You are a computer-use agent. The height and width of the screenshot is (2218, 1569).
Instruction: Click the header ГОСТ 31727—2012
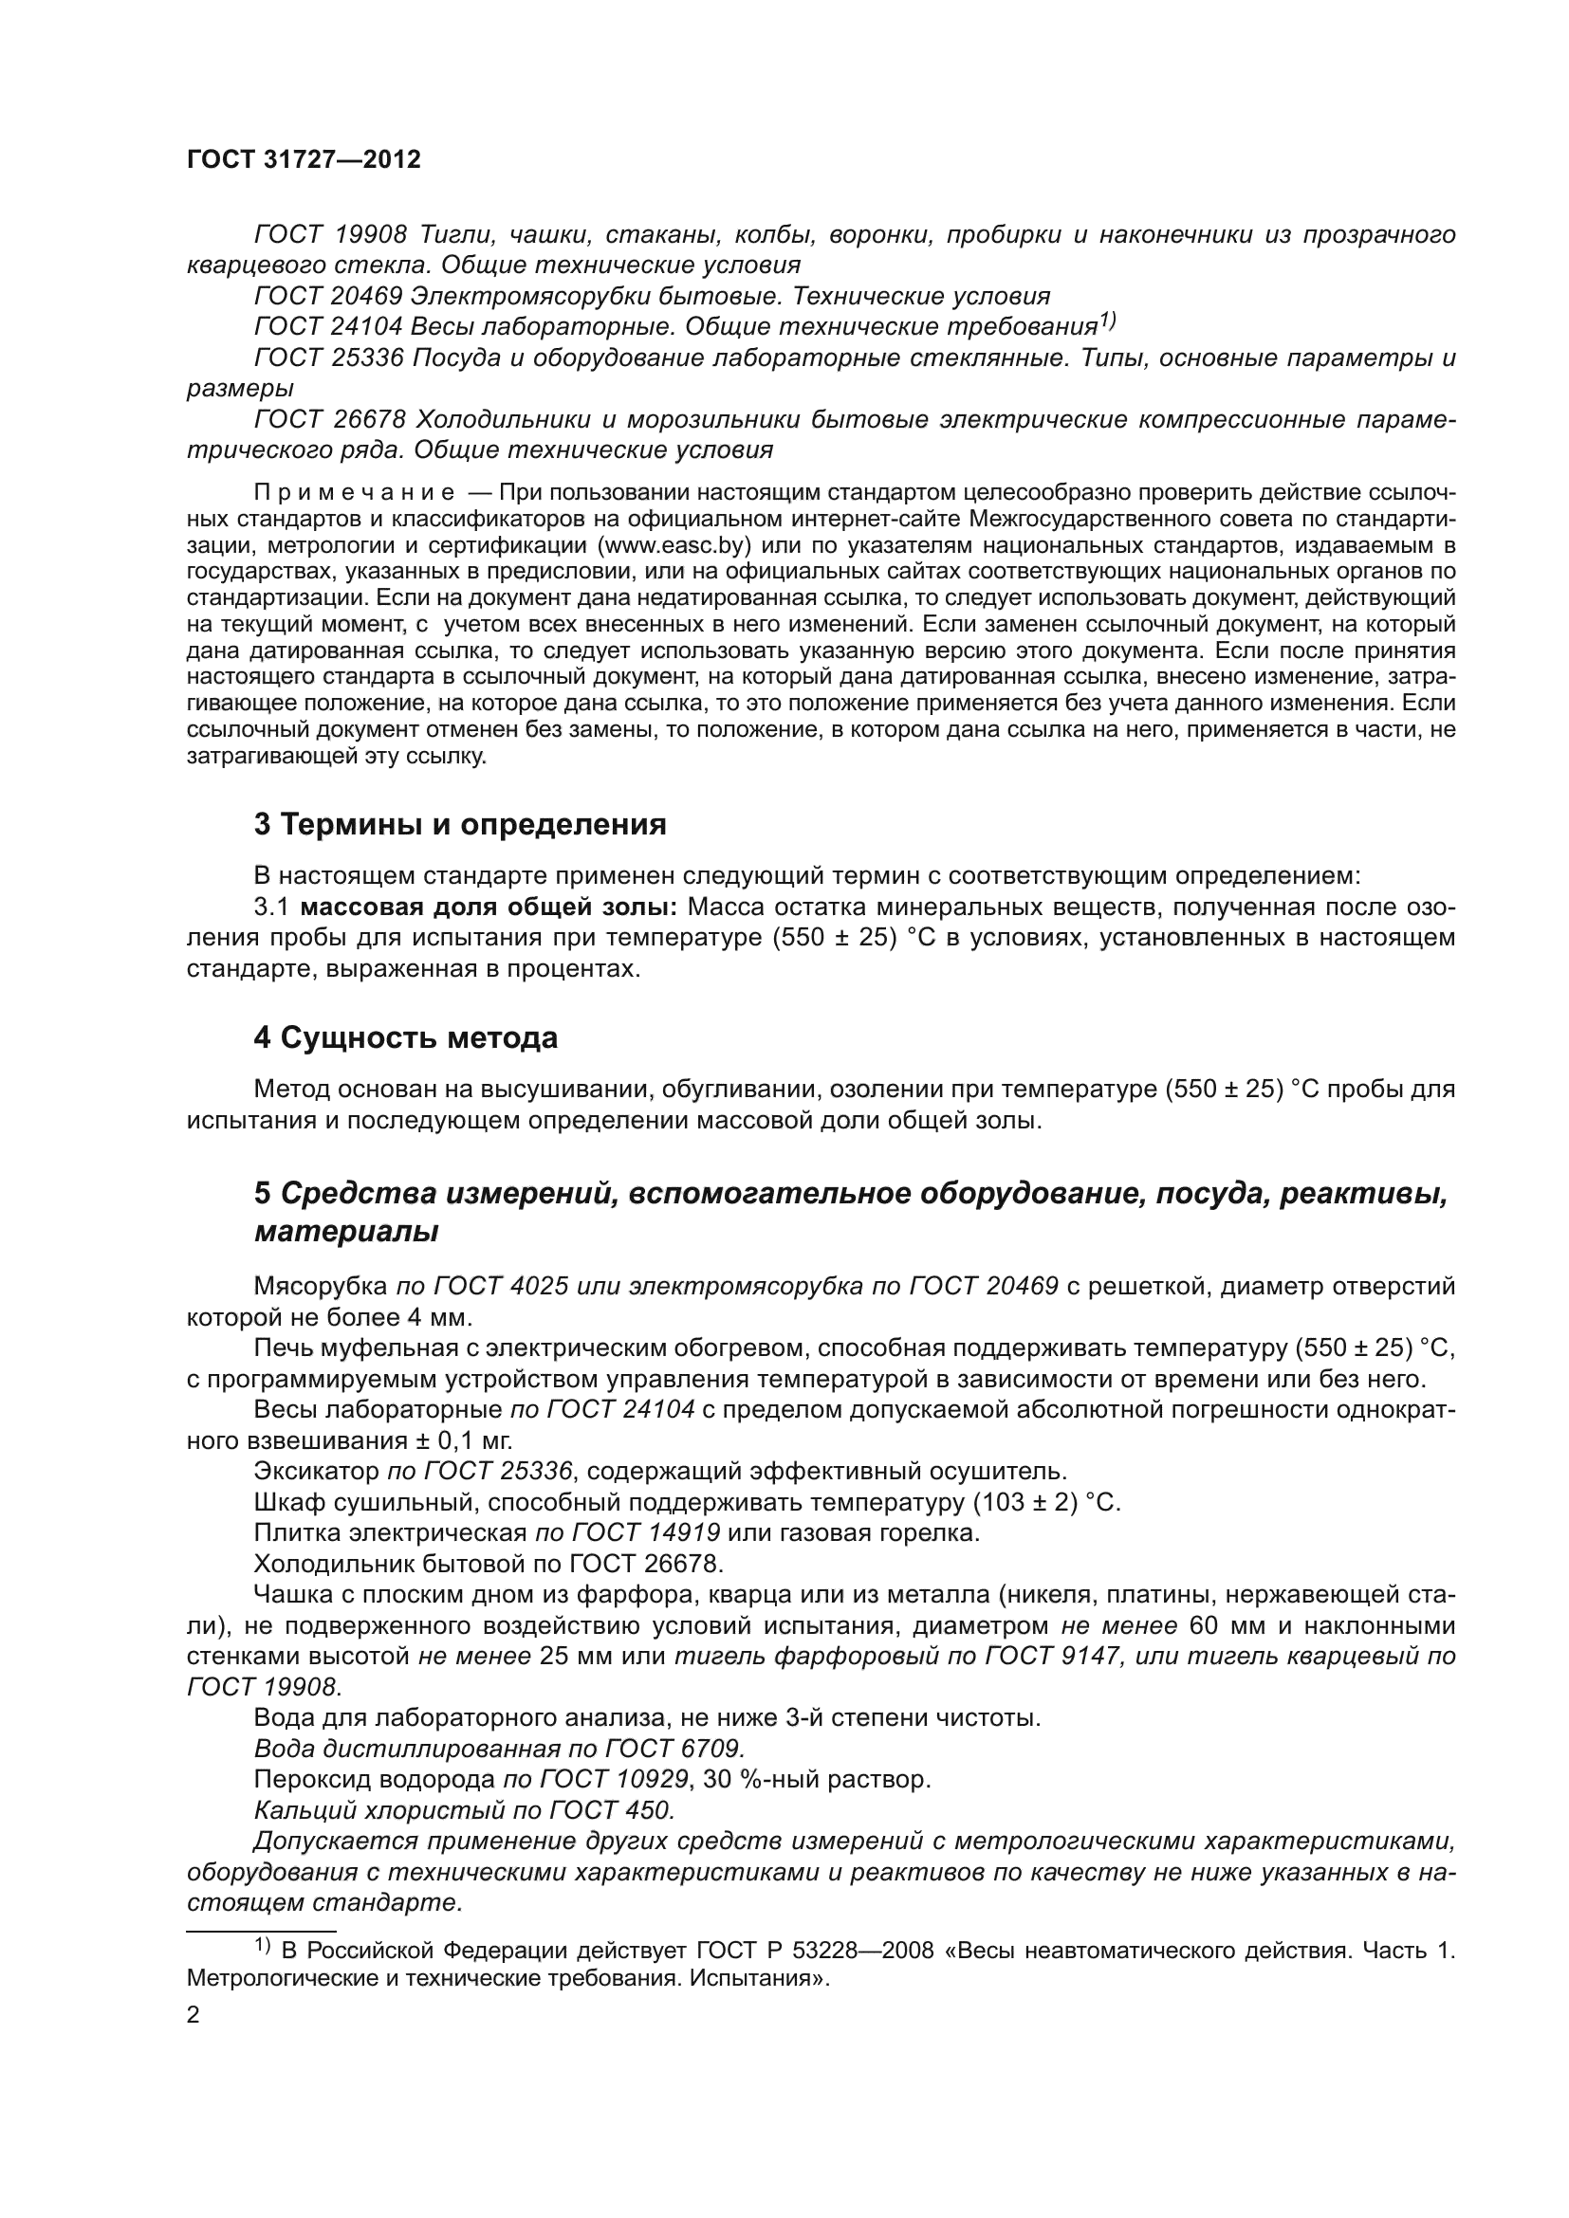pos(304,160)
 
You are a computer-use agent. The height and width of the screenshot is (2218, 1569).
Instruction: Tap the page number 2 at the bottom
pos(194,2016)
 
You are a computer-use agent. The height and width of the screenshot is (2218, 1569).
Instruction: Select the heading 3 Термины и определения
pos(460,825)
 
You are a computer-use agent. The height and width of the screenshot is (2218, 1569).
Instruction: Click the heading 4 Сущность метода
pos(406,1038)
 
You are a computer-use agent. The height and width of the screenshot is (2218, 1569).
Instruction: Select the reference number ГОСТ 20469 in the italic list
pos(328,297)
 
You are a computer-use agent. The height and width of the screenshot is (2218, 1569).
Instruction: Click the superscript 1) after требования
pos(1107,321)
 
